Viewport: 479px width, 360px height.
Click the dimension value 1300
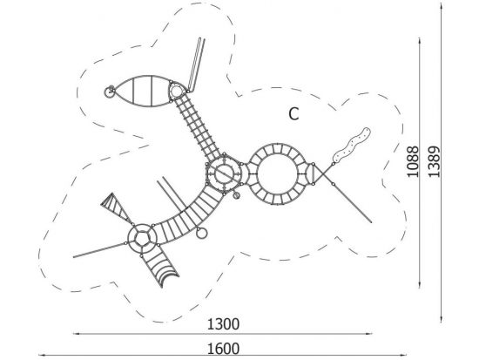point(223,324)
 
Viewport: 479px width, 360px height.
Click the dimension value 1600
point(223,349)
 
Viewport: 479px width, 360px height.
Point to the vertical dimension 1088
point(413,161)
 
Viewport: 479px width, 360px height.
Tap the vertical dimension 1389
point(434,161)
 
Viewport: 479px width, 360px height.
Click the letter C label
point(293,114)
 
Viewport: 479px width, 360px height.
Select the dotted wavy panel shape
point(352,145)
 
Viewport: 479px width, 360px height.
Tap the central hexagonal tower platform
point(224,173)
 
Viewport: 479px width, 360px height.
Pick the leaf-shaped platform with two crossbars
point(142,92)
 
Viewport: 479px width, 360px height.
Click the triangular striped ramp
point(116,207)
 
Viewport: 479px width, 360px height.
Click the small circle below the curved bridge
point(202,233)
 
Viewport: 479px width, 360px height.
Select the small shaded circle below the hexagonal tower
point(236,195)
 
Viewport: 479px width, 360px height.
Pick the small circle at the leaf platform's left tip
point(110,92)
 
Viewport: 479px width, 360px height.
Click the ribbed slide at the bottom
point(159,269)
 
